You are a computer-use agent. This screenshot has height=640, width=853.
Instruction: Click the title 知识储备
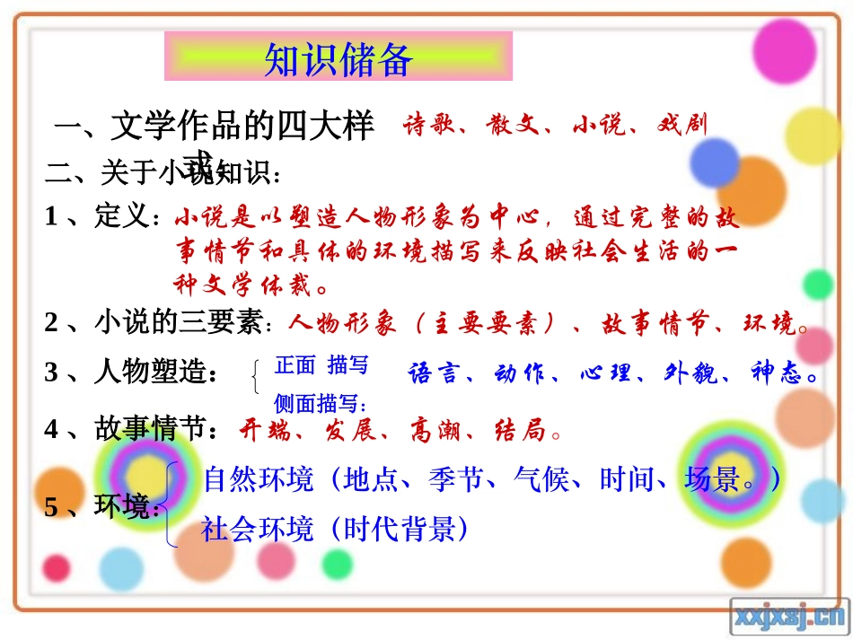[x=339, y=59]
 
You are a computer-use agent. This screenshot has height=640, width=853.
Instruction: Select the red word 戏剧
[x=682, y=125]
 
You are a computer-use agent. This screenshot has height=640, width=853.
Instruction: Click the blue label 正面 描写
[x=321, y=365]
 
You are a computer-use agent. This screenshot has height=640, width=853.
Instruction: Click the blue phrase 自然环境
[x=259, y=479]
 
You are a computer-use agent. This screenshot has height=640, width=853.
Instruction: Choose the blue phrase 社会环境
[x=258, y=529]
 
